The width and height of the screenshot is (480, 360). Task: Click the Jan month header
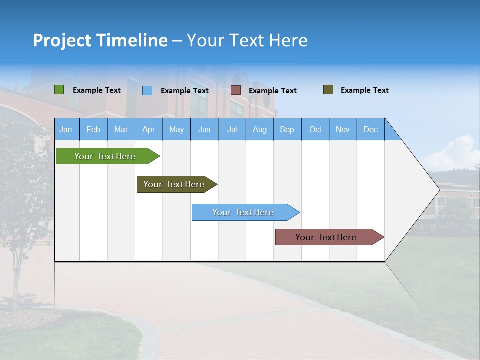tap(66, 129)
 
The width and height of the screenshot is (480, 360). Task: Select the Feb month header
tap(93, 129)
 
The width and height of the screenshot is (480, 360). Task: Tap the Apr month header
tap(148, 129)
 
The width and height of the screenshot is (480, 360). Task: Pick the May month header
tap(176, 129)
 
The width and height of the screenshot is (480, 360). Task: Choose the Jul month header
tap(232, 129)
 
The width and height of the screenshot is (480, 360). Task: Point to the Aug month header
tap(259, 129)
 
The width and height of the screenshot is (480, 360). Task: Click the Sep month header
tap(287, 129)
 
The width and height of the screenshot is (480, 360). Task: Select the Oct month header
tap(315, 129)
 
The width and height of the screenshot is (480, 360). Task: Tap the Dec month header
tap(370, 129)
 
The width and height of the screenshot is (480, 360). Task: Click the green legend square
tap(59, 90)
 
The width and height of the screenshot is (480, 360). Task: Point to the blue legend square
tap(147, 90)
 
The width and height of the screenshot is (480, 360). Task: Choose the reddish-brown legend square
tap(236, 90)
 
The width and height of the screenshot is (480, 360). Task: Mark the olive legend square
tap(328, 90)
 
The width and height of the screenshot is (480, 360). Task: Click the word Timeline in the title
tap(132, 40)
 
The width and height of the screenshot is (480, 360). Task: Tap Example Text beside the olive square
tap(364, 90)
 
